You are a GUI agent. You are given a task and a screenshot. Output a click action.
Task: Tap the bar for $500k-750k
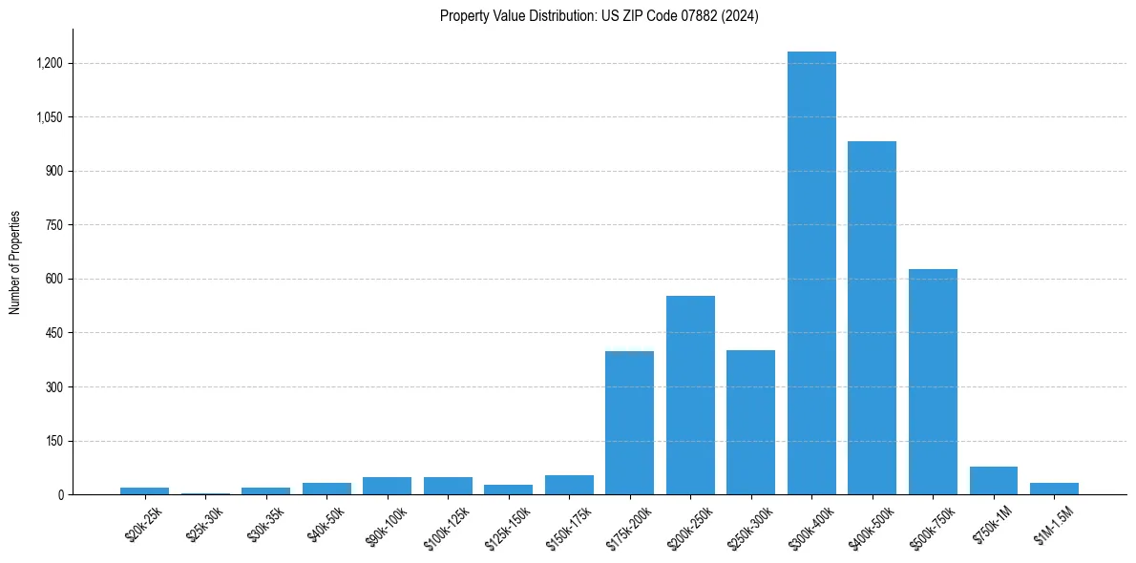click(x=933, y=382)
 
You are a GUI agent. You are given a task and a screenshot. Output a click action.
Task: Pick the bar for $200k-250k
click(x=690, y=395)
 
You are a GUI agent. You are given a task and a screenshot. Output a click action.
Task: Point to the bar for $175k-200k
click(x=629, y=423)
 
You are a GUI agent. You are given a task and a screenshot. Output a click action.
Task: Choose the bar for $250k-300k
click(x=750, y=422)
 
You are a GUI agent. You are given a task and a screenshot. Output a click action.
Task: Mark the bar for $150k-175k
click(x=569, y=485)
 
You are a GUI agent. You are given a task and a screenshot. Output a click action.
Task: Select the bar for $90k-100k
click(x=387, y=486)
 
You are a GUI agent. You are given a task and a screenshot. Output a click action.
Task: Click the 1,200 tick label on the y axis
click(x=50, y=64)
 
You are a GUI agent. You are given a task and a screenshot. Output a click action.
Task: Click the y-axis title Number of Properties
click(x=15, y=262)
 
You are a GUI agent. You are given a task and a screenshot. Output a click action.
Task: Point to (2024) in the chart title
click(x=740, y=16)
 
